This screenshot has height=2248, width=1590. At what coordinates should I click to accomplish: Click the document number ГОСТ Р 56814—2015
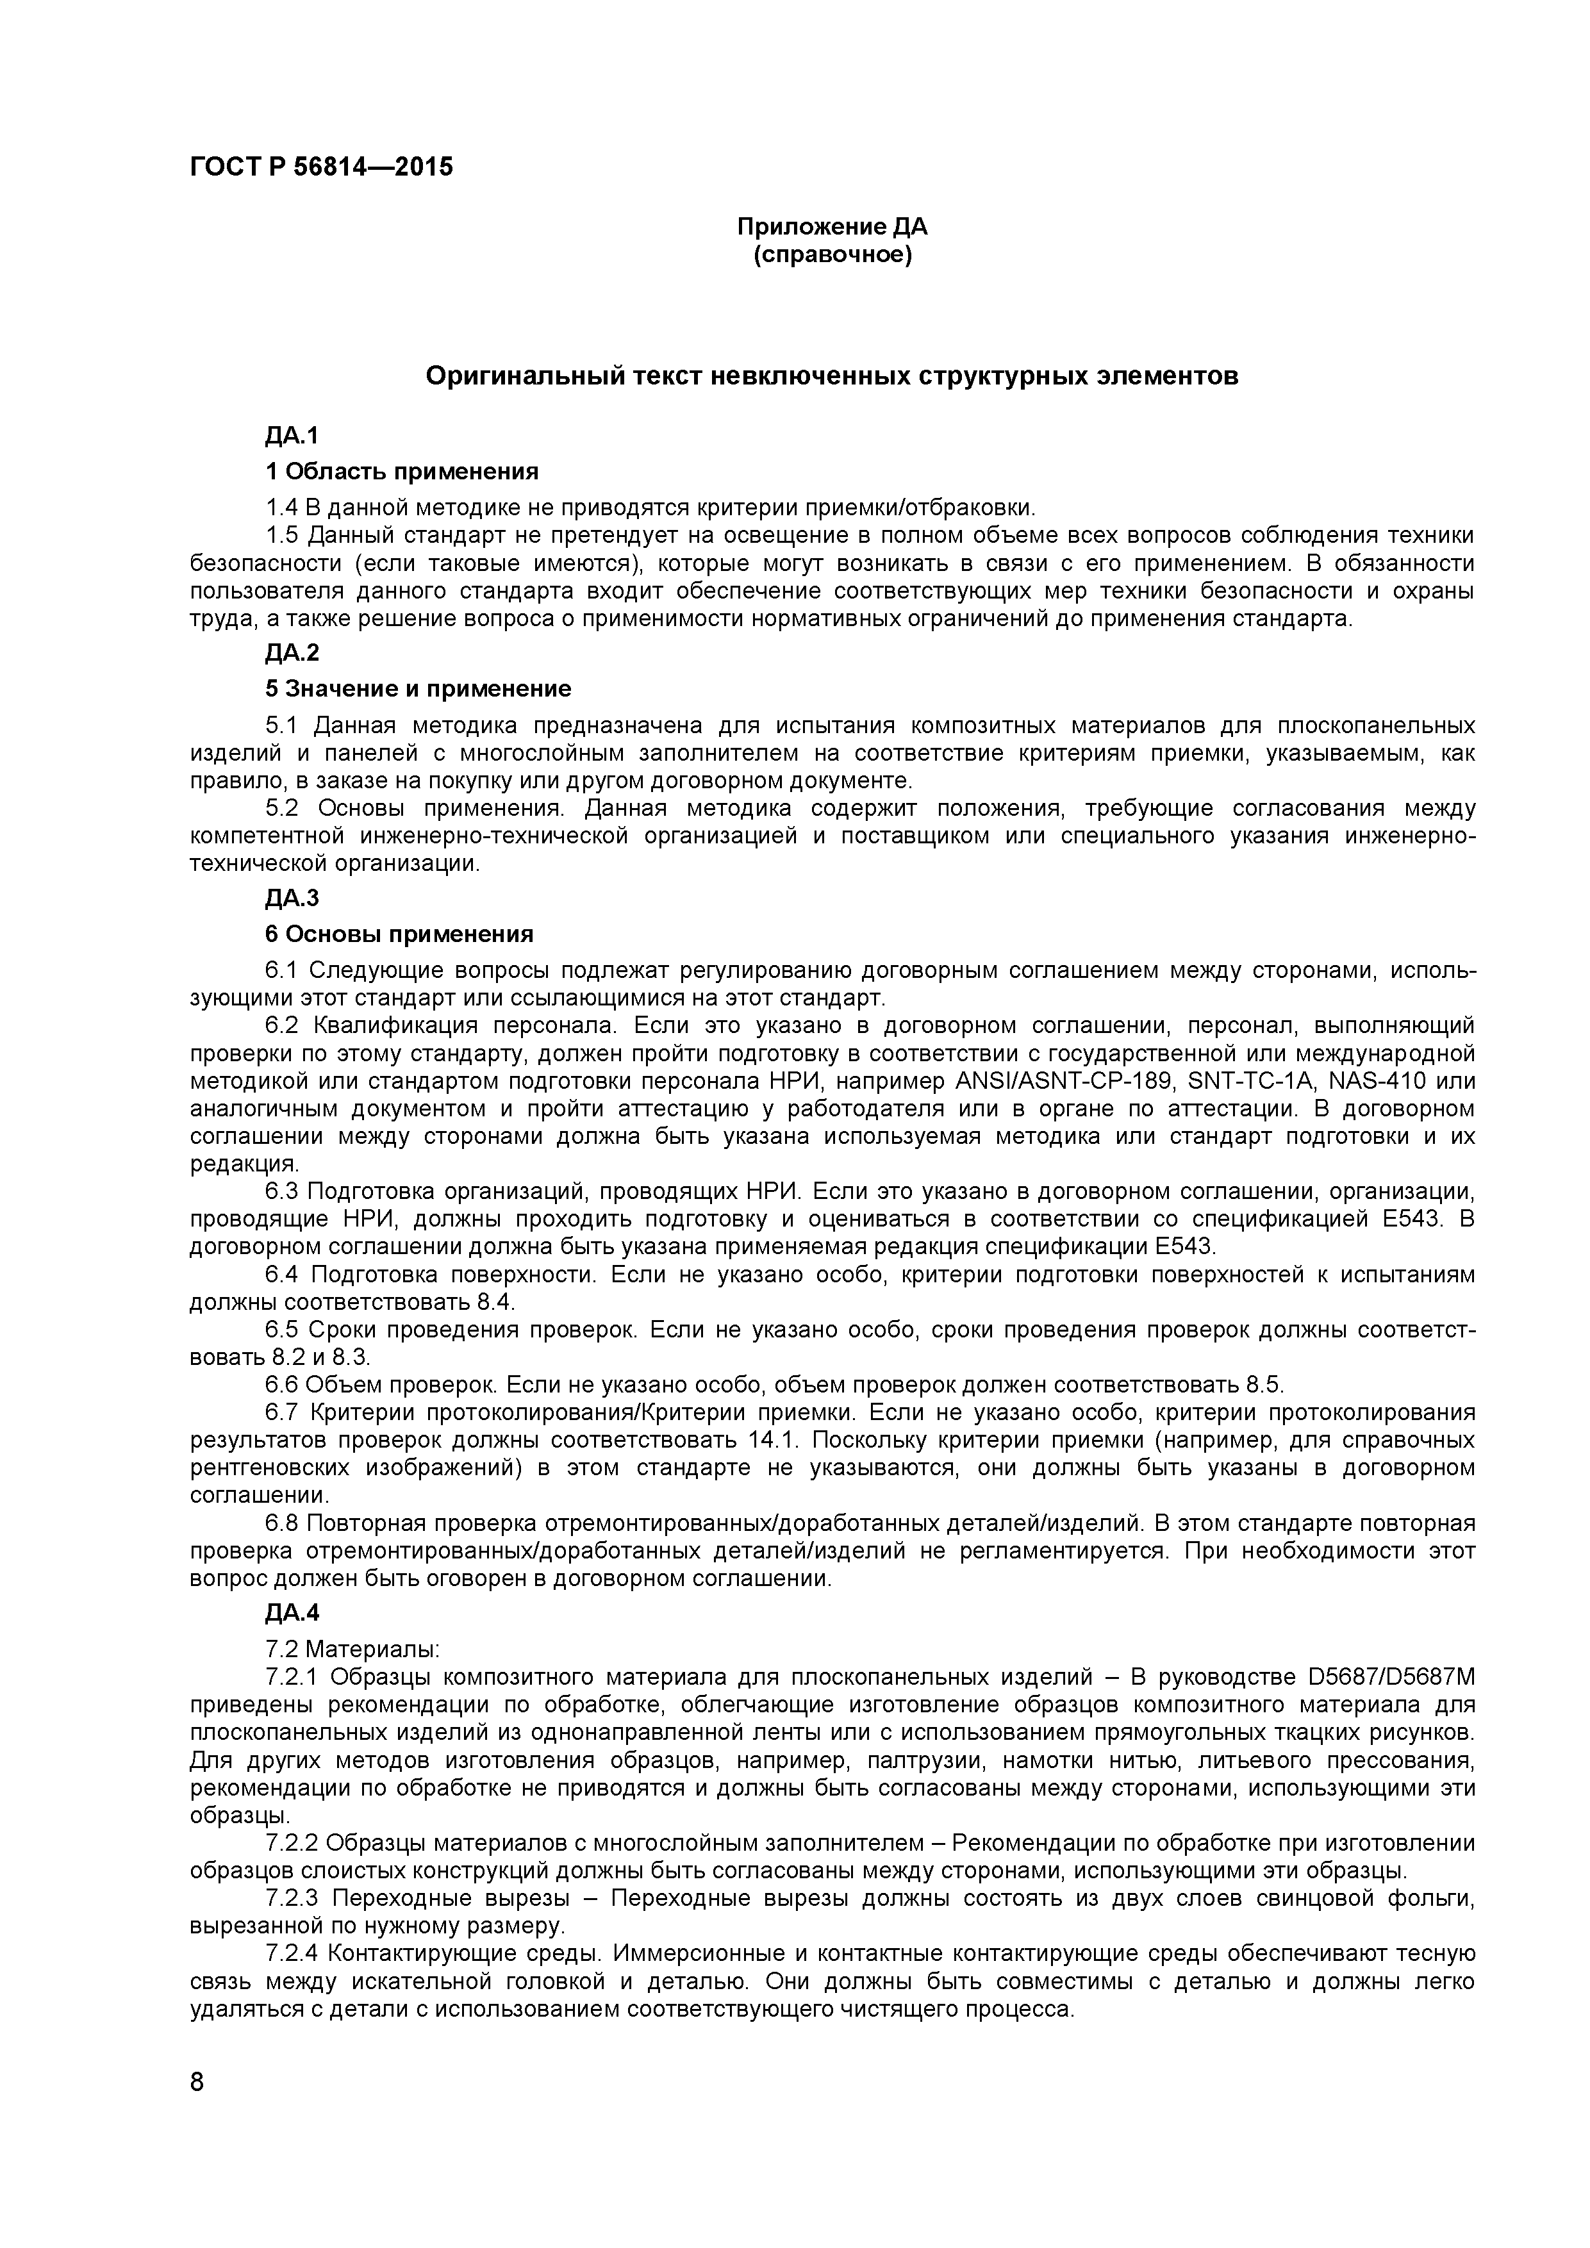pos(321,167)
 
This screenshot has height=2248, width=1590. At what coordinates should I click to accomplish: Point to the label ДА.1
pos(292,436)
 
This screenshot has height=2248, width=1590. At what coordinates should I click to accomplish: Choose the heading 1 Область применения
pos(401,472)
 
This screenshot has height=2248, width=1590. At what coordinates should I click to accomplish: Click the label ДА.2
pos(292,653)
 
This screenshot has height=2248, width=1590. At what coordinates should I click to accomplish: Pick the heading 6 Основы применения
pos(399,934)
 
